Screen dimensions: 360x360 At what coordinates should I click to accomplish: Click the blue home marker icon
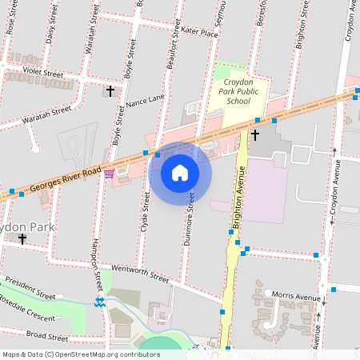tap(180, 173)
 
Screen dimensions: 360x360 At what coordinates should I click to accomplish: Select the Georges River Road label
tap(66, 180)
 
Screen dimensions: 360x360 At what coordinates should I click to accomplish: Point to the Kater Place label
tap(199, 33)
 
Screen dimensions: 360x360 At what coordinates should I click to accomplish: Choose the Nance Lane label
tap(145, 98)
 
